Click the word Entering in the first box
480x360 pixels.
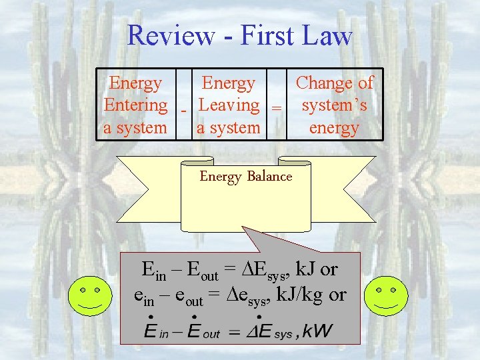click(x=135, y=105)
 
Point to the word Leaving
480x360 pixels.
click(x=229, y=105)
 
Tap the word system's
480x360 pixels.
click(x=334, y=105)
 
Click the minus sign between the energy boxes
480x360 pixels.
click(x=183, y=109)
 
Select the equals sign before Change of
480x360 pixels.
click(x=276, y=107)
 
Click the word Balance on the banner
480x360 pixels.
click(x=269, y=177)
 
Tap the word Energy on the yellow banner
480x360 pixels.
click(x=221, y=177)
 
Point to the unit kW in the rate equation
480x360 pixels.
click(x=317, y=331)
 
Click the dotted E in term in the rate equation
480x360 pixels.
click(x=155, y=329)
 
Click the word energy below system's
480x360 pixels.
click(x=334, y=127)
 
